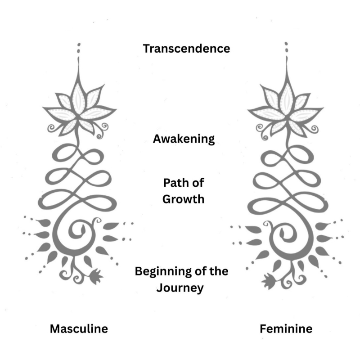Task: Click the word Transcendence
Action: click(x=186, y=49)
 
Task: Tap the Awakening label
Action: click(x=184, y=139)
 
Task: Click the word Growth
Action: click(x=184, y=198)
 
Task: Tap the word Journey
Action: click(x=180, y=287)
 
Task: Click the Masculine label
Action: click(x=79, y=328)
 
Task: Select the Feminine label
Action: click(x=286, y=328)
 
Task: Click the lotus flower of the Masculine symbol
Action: click(x=79, y=108)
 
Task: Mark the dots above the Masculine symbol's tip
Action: click(x=79, y=49)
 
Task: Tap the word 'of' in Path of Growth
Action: click(x=196, y=184)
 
